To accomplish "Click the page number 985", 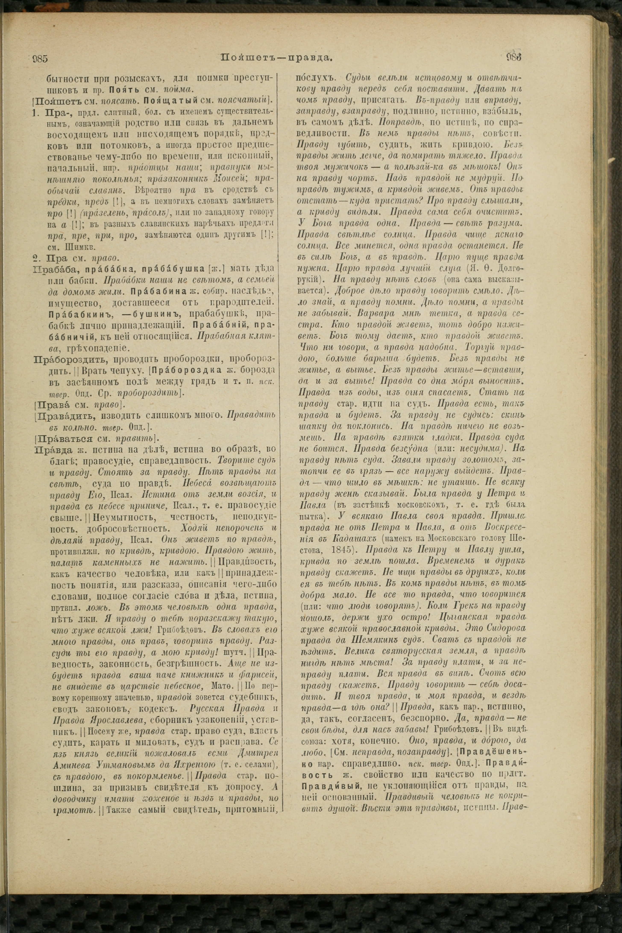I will pyautogui.click(x=40, y=59).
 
